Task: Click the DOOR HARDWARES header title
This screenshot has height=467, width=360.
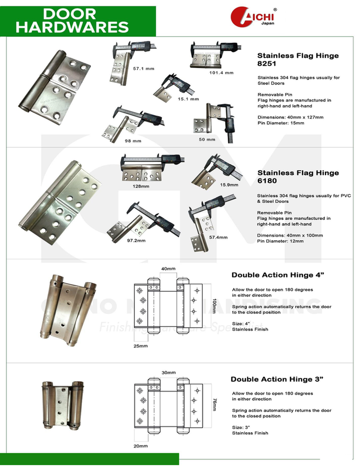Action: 72,20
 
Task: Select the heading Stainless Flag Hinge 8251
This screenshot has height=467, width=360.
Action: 298,60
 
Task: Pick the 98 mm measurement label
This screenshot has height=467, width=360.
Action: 133,140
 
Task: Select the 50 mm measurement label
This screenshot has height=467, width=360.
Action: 207,139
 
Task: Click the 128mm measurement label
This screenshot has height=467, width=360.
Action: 141,187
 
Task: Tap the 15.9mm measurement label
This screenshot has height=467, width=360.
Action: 229,185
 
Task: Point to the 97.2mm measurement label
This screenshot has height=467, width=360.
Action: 136,240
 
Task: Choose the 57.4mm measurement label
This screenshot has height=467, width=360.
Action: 218,237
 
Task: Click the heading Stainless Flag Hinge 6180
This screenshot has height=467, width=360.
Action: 298,177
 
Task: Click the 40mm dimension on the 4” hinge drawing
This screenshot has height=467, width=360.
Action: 168,268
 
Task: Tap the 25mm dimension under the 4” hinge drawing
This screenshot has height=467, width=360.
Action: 140,345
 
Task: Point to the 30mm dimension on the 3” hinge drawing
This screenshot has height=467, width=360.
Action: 168,372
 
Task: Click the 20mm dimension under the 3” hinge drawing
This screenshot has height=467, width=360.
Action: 140,446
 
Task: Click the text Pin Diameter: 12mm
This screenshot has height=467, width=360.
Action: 280,241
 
